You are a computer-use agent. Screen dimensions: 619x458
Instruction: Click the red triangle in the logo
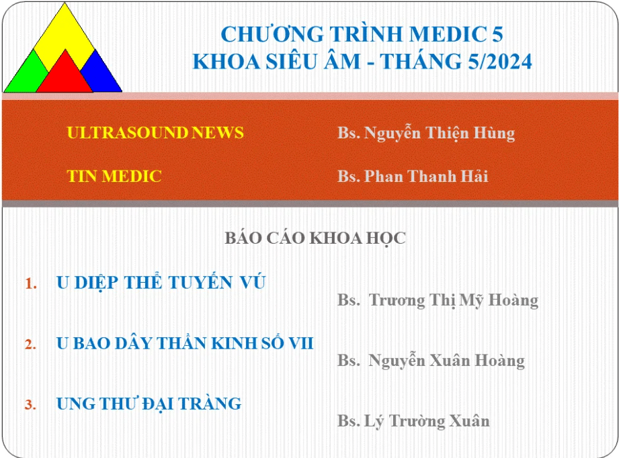pos(65,76)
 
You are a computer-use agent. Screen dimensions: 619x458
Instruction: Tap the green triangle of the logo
pos(24,77)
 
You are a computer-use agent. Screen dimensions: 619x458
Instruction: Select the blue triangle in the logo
pos(102,75)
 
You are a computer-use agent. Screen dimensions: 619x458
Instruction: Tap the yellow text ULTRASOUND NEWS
pos(155,132)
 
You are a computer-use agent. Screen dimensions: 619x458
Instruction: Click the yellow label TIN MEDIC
pos(114,176)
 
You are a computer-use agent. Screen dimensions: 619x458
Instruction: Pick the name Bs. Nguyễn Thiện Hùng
pos(426,134)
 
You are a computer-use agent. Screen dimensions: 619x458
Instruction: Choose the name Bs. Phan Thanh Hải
pos(413,176)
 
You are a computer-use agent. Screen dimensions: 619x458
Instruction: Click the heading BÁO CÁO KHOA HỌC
pos(315,238)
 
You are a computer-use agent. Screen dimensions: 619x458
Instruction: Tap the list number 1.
pos(31,283)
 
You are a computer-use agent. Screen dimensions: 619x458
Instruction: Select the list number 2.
pos(30,344)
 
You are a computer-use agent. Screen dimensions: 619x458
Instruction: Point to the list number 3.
pos(30,404)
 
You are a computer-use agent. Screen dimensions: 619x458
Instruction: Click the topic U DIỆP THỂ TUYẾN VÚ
pos(161,281)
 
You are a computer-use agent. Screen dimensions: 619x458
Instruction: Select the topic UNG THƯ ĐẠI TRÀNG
pos(149,404)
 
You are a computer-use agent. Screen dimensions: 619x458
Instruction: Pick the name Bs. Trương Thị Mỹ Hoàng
pos(438,300)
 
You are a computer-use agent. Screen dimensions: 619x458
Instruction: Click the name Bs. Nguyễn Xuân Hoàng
pos(431,360)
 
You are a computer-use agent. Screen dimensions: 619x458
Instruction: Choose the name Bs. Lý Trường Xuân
pos(413,421)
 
